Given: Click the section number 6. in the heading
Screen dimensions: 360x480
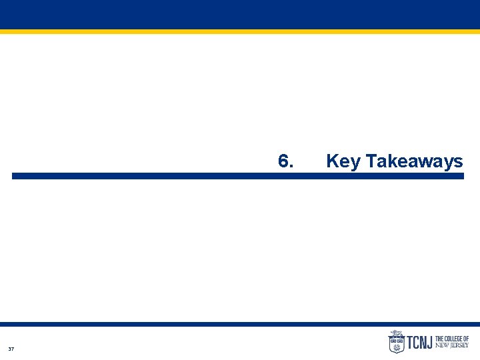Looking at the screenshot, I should [x=285, y=161].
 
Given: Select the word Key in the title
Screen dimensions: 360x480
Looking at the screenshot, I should [x=343, y=161].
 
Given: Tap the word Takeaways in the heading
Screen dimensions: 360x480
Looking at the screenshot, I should [x=414, y=161].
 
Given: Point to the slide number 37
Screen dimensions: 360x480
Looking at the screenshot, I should [x=11, y=349].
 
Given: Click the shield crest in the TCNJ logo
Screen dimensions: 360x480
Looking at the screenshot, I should [x=396, y=344].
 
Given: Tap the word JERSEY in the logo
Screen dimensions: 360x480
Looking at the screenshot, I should [x=459, y=345].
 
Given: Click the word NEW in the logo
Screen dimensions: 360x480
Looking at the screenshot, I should [x=441, y=345].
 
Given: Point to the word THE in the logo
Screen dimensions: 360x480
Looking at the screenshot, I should [x=440, y=339].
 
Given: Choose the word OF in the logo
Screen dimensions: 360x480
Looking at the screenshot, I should [x=465, y=339].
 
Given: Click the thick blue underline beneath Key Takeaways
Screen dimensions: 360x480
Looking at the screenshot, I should [x=237, y=176].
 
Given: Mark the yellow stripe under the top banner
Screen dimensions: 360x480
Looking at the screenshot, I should [x=240, y=31].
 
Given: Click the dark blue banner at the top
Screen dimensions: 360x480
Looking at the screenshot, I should [x=240, y=14].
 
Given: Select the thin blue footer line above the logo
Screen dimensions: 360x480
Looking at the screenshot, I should [x=240, y=324].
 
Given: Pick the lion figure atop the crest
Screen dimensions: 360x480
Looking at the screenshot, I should [x=396, y=333].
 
